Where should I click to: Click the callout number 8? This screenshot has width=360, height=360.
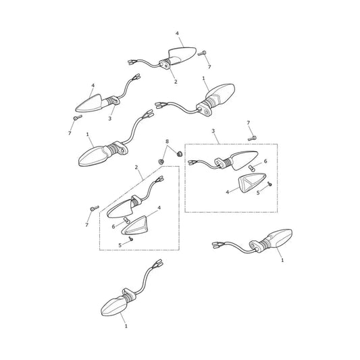coord(167,141)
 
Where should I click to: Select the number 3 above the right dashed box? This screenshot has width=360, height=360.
coord(213,131)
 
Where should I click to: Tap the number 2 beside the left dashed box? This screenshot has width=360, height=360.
coord(136,167)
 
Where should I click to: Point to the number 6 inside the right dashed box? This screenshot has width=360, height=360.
coord(265,161)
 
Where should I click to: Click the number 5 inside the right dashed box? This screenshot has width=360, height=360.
coord(258,192)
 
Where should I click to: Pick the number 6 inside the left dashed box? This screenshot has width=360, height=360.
coord(113,227)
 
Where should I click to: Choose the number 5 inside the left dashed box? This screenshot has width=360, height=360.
coord(120,245)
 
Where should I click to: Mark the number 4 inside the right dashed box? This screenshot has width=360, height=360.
coord(228,192)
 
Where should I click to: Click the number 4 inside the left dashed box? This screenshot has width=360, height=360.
coord(159,208)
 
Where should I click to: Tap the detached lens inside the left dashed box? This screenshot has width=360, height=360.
coord(135,226)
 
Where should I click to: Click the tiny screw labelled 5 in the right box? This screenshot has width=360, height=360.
coord(269,184)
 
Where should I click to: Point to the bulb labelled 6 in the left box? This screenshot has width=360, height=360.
coord(126,220)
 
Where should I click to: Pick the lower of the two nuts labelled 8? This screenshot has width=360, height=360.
coord(161,161)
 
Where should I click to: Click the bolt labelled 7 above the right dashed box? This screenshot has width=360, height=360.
coord(252,138)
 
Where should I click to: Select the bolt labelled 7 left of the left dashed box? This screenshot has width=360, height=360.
coord(95,208)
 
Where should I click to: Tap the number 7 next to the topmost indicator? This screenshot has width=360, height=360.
coord(209,67)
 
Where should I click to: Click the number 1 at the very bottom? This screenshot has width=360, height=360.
coord(126,326)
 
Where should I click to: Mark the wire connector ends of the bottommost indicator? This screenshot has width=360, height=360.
coord(159,263)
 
